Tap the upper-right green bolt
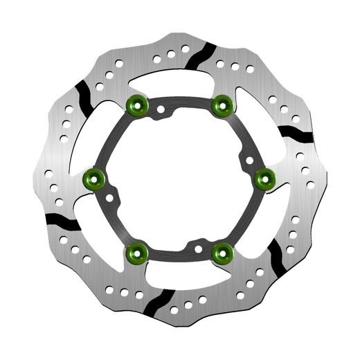[x=222, y=105]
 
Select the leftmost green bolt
[x=92, y=179]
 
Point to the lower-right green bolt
[x=222, y=253]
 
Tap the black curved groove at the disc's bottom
[x=156, y=303]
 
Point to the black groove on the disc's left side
[x=62, y=222]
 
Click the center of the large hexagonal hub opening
[x=179, y=179]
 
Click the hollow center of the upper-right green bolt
[x=222, y=105]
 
